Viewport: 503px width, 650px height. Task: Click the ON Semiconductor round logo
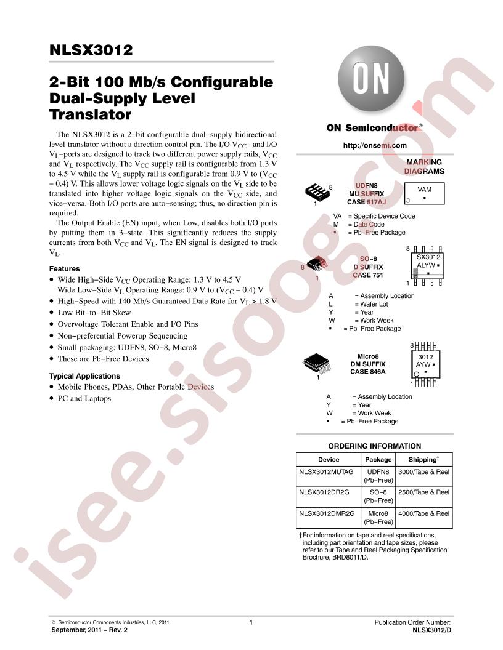tap(371, 79)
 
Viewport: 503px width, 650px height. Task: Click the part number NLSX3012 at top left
tap(91, 50)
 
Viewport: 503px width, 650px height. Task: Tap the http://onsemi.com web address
tap(375, 145)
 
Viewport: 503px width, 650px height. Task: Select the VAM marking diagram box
tap(424, 193)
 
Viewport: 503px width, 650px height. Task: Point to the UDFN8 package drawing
tap(317, 191)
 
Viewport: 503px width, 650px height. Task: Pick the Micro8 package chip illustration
tap(316, 364)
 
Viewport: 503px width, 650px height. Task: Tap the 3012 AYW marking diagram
tap(425, 364)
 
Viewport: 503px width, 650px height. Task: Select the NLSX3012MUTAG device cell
tap(326, 471)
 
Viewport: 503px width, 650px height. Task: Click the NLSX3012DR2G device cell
tap(324, 492)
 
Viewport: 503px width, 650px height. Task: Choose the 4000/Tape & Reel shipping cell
tap(423, 513)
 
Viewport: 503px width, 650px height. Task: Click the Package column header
tap(378, 459)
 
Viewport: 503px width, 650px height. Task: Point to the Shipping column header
tap(423, 459)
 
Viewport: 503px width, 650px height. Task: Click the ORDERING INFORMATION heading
tap(374, 446)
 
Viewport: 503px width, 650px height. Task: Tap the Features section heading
tap(64, 268)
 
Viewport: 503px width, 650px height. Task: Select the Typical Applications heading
tap(84, 376)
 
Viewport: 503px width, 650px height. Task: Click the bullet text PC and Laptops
tap(84, 398)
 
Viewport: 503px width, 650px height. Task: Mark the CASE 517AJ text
tap(366, 202)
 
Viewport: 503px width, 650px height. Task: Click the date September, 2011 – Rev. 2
tap(89, 630)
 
